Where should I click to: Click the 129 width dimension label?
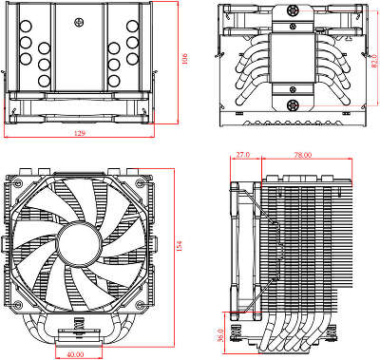point(78,132)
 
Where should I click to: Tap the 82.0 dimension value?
point(372,63)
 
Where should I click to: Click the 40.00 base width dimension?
point(76,353)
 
